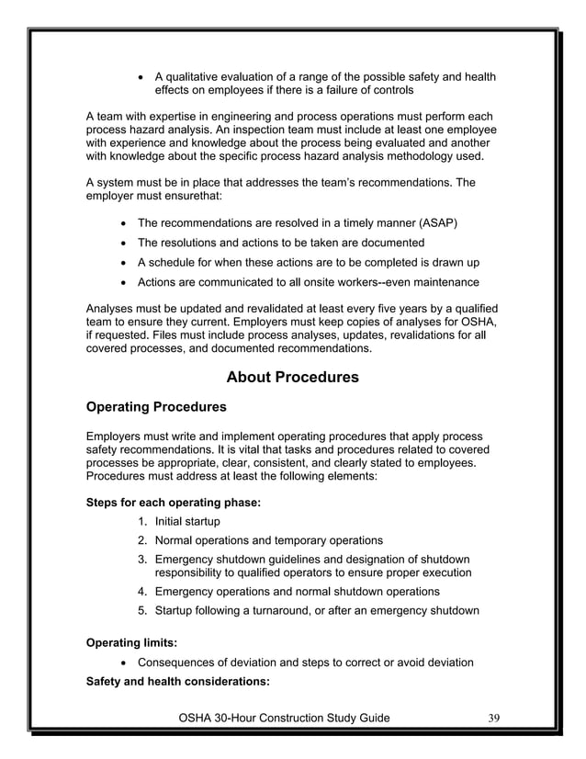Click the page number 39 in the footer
tap(493, 718)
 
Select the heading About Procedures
tap(292, 378)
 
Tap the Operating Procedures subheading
tap(155, 406)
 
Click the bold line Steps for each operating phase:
tap(173, 503)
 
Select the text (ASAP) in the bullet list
tap(439, 223)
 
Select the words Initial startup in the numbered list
tap(187, 522)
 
